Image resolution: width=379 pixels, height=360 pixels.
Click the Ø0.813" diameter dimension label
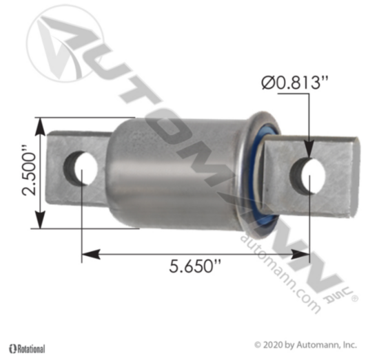tap(295, 83)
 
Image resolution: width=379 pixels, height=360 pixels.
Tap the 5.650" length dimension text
tap(195, 266)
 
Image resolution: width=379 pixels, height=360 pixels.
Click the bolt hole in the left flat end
tap(81, 168)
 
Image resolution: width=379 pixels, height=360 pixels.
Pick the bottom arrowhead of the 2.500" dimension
tap(41, 220)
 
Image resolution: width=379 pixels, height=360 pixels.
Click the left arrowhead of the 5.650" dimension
tap(91, 254)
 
